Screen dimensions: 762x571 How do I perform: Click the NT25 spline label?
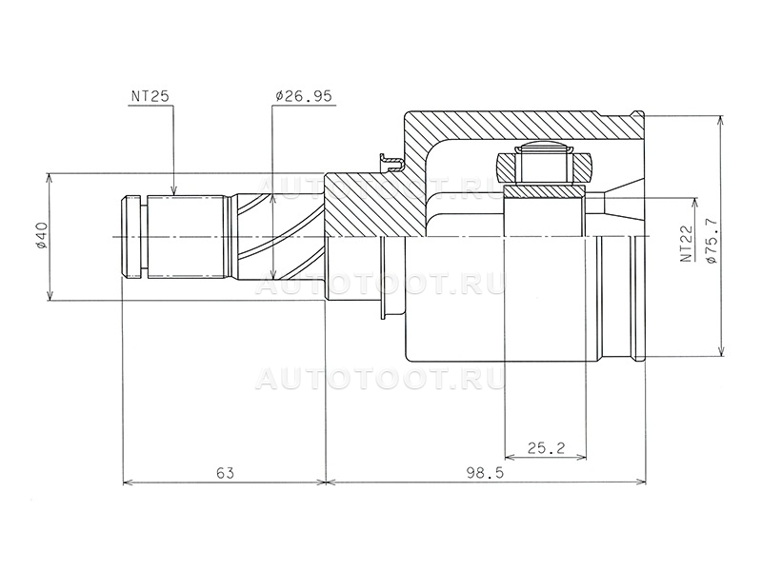[x=150, y=96]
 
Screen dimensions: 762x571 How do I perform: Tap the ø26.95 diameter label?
[x=303, y=96]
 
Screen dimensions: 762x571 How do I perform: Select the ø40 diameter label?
[x=40, y=236]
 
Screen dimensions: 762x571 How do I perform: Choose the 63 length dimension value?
[x=226, y=472]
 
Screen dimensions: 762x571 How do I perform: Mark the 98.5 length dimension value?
[x=485, y=472]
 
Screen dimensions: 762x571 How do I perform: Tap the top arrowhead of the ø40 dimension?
[x=50, y=179]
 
